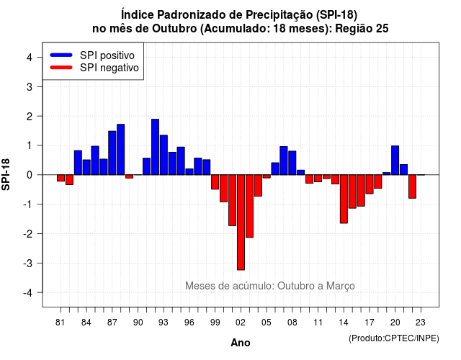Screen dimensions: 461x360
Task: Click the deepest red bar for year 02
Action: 241,222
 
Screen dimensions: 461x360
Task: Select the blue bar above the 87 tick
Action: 112,153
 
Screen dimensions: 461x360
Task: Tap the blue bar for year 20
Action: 395,160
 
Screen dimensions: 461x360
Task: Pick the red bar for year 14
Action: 344,199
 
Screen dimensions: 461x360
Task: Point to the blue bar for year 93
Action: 164,155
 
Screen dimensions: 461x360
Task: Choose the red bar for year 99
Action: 215,182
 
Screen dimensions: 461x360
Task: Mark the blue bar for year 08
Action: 292,163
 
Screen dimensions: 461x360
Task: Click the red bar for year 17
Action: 370,184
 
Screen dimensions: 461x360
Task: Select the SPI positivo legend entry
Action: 92,55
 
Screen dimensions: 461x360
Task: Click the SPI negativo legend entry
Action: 94,68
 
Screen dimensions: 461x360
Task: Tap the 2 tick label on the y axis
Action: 30,117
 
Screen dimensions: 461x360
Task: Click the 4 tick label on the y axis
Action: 30,58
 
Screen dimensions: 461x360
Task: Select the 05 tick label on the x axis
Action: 267,323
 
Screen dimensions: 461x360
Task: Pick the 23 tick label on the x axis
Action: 421,323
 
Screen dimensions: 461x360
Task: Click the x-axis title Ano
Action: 241,343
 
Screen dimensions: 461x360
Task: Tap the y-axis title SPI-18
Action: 6,174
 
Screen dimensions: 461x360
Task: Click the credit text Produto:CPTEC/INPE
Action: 394,338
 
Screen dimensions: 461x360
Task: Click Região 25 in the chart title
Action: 362,29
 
